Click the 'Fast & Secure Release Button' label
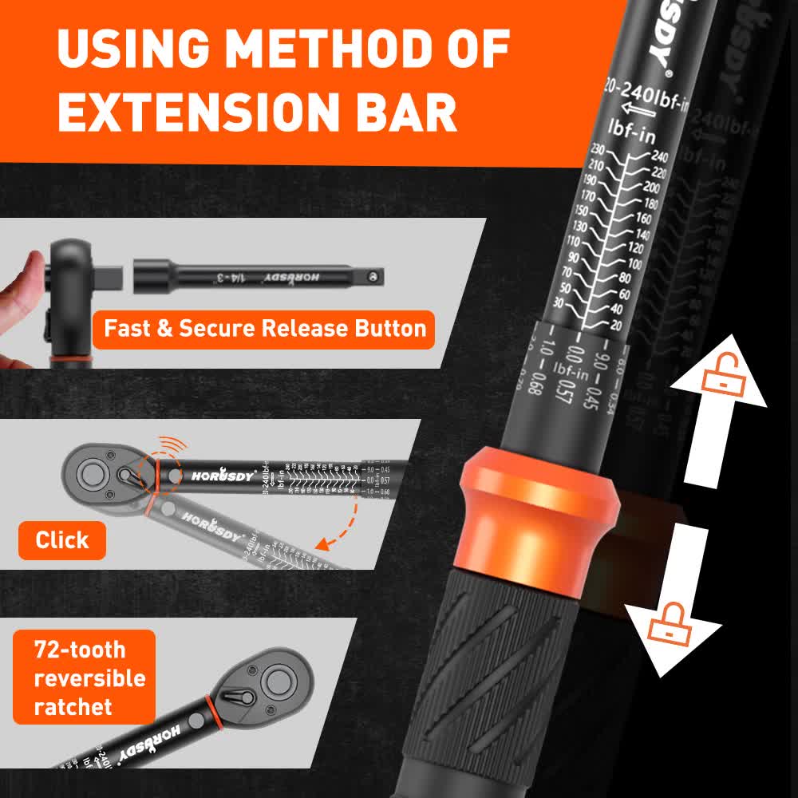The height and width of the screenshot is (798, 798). pyautogui.click(x=263, y=329)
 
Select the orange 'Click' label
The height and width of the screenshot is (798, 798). pyautogui.click(x=61, y=540)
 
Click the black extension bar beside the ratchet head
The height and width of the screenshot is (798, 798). pyautogui.click(x=263, y=276)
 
